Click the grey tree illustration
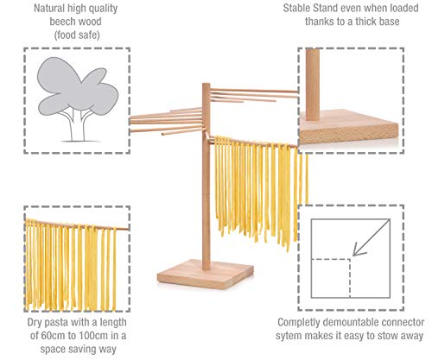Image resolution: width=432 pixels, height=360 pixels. click(77, 98)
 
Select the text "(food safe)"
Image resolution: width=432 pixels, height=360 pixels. click(77, 35)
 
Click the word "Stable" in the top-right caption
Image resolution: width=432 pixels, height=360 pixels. click(296, 8)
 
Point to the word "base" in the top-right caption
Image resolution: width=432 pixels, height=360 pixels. click(388, 22)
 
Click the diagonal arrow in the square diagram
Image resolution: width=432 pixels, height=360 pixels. click(371, 237)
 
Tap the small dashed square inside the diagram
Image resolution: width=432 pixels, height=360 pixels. click(331, 278)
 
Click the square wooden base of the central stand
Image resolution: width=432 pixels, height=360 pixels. click(206, 274)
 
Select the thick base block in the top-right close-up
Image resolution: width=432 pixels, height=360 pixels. click(349, 127)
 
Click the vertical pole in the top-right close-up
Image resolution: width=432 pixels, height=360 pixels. click(313, 84)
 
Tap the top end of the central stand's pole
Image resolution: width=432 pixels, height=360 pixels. click(206, 84)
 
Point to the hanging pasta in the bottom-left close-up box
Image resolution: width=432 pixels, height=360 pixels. click(72, 266)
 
